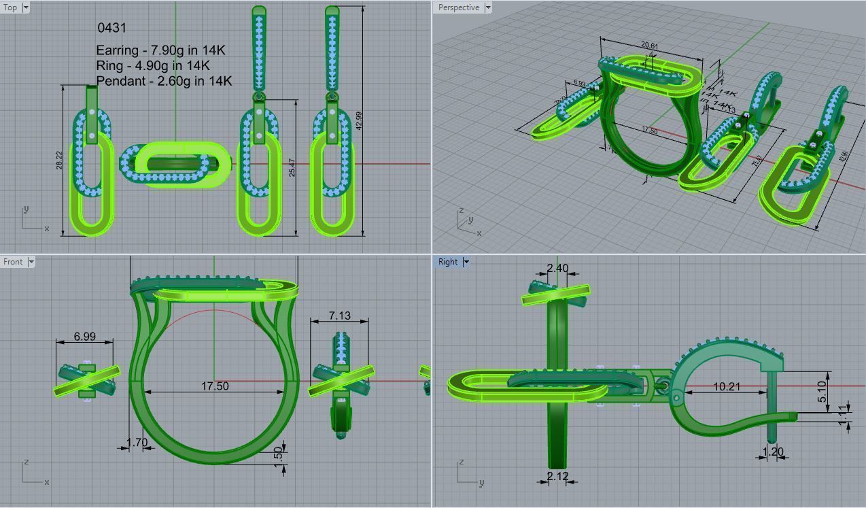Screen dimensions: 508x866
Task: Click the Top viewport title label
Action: click(x=11, y=7)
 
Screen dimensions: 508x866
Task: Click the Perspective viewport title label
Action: click(x=458, y=7)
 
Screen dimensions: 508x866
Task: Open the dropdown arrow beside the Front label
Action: click(x=31, y=262)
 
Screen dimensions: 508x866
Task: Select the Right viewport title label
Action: click(x=448, y=262)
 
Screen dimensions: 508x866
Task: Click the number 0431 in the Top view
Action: click(x=112, y=28)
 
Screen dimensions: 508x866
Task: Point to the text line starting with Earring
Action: click(x=160, y=50)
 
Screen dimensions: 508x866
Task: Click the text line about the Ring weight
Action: click(x=153, y=65)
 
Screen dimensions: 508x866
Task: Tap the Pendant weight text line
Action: click(x=164, y=81)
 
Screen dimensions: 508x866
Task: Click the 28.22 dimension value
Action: click(x=60, y=160)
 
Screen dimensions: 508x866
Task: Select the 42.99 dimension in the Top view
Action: click(x=358, y=120)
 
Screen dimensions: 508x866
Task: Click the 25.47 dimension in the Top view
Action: click(x=292, y=168)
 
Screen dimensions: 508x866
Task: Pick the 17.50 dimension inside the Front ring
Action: click(x=215, y=386)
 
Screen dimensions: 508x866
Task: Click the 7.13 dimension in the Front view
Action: click(x=339, y=316)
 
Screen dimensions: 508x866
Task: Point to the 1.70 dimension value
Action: click(x=137, y=443)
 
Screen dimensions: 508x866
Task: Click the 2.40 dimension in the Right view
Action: click(x=557, y=268)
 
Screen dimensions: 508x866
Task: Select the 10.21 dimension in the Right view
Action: click(x=727, y=386)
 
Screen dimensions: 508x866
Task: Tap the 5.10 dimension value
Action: click(x=822, y=390)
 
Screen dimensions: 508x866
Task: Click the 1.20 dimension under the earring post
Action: click(x=773, y=452)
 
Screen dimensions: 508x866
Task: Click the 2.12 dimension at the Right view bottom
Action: click(x=557, y=476)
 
